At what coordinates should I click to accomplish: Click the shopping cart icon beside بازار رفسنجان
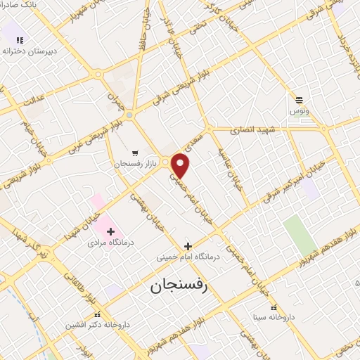[135, 153]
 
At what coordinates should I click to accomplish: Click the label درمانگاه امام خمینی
[188, 257]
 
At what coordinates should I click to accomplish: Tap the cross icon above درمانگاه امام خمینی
[188, 246]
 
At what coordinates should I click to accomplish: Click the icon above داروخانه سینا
[274, 307]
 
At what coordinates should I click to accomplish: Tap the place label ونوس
[299, 111]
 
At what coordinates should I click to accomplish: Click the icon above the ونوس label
[300, 100]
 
